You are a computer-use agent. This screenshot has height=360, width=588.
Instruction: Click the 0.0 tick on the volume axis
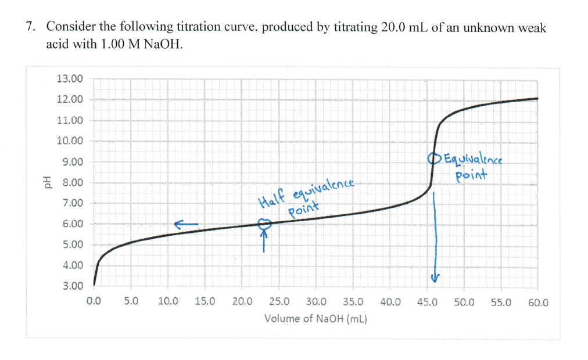pyautogui.click(x=94, y=302)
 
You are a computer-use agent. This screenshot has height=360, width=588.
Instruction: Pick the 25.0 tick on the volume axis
pyautogui.click(x=279, y=302)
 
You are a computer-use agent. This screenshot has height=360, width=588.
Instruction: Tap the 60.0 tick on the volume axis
pyautogui.click(x=538, y=302)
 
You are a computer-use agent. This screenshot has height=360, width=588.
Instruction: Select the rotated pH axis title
pyautogui.click(x=42, y=183)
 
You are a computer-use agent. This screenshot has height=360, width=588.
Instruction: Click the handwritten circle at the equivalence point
pyautogui.click(x=432, y=158)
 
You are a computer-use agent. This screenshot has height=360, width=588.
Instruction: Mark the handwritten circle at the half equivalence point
pyautogui.click(x=265, y=223)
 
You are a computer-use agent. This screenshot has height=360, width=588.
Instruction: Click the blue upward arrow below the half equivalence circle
pyautogui.click(x=265, y=240)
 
